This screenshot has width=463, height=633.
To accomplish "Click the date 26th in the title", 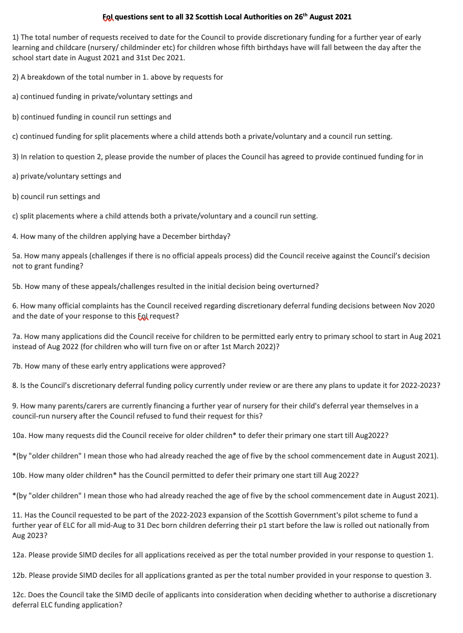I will tap(301, 17).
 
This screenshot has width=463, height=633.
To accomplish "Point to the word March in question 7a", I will tap(255, 347).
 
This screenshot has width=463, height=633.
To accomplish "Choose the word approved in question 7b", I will tap(209, 366).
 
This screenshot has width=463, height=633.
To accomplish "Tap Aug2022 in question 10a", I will tap(371, 435).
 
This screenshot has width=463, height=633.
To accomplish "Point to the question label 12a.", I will tap(19, 555).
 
